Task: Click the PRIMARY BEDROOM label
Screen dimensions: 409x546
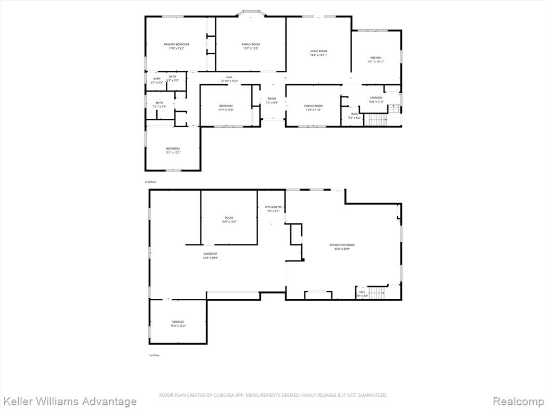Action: click(x=176, y=44)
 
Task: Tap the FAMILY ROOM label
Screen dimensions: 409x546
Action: click(x=251, y=44)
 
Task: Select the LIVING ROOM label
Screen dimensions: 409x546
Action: click(x=318, y=51)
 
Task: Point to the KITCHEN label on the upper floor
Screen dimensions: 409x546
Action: click(x=376, y=58)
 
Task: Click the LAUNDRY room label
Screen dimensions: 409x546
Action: click(x=376, y=97)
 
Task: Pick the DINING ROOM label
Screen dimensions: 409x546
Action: click(x=314, y=106)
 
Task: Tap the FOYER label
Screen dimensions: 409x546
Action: click(x=272, y=99)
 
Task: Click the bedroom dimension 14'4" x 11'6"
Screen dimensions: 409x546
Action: click(x=226, y=110)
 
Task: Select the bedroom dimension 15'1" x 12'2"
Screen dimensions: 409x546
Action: click(x=173, y=153)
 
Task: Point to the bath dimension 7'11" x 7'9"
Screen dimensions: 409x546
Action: click(x=159, y=107)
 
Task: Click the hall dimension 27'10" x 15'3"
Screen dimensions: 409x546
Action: click(x=229, y=81)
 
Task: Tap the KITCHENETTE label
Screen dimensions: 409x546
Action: click(x=273, y=207)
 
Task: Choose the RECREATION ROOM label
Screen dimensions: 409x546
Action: click(x=342, y=245)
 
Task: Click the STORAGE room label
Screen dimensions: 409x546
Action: click(x=178, y=322)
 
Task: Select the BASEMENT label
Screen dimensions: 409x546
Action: click(x=210, y=253)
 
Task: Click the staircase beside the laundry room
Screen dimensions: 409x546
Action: click(x=377, y=120)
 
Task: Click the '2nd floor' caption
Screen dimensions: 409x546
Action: click(x=150, y=182)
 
